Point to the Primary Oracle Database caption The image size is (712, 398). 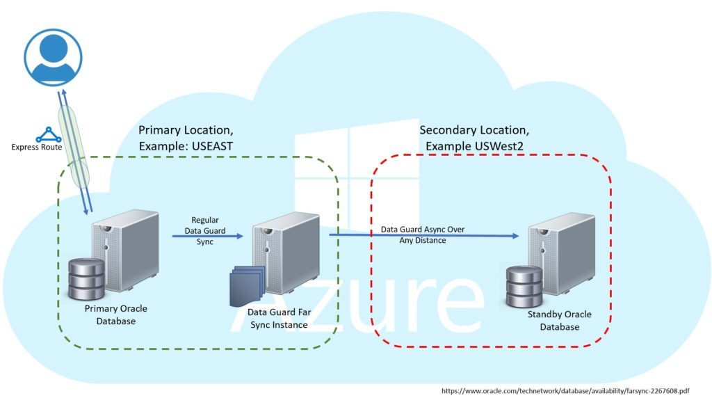pyautogui.click(x=115, y=315)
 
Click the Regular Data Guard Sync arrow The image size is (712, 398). pyautogui.click(x=208, y=236)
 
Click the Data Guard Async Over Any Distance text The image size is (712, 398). pyautogui.click(x=422, y=234)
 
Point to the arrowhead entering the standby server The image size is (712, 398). pyautogui.click(x=515, y=236)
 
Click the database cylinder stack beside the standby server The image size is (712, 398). pyautogui.click(x=522, y=285)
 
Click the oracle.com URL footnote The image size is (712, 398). pyautogui.click(x=570, y=390)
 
